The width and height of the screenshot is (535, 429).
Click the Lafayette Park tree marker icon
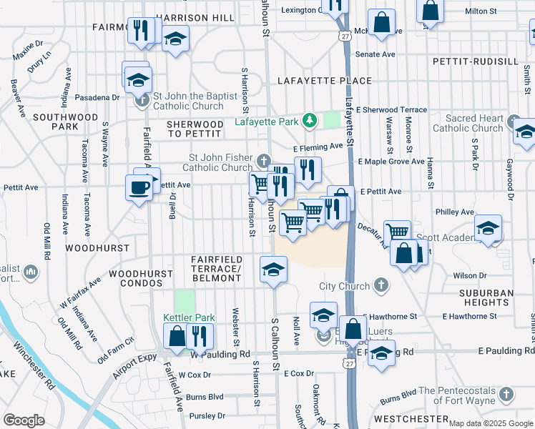pyautogui.click(x=310, y=121)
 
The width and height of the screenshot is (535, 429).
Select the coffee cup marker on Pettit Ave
pyautogui.click(x=138, y=187)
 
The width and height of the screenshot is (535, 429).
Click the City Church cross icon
pyautogui.click(x=382, y=286)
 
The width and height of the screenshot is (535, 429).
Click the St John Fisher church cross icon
pyautogui.click(x=265, y=159)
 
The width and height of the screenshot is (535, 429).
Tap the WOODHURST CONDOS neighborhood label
pyautogui.click(x=140, y=278)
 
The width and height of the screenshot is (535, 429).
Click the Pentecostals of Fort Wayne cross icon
pyautogui.click(x=506, y=394)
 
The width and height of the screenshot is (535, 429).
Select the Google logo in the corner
pyautogui.click(x=24, y=420)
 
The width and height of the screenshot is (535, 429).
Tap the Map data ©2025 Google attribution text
pyautogui.click(x=490, y=423)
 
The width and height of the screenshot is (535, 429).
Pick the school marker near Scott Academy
pyautogui.click(x=489, y=229)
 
